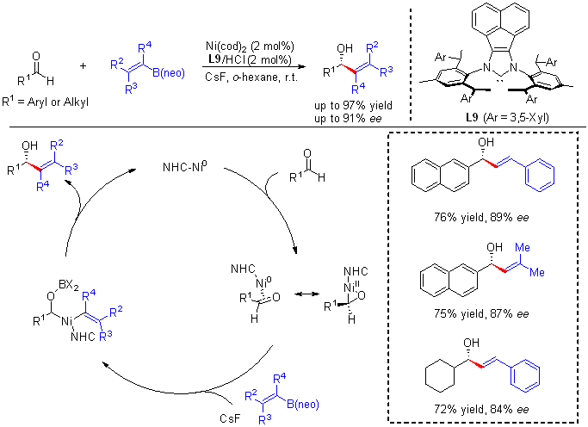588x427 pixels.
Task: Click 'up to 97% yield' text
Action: click(x=353, y=104)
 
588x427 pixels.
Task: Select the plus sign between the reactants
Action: click(x=83, y=65)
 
